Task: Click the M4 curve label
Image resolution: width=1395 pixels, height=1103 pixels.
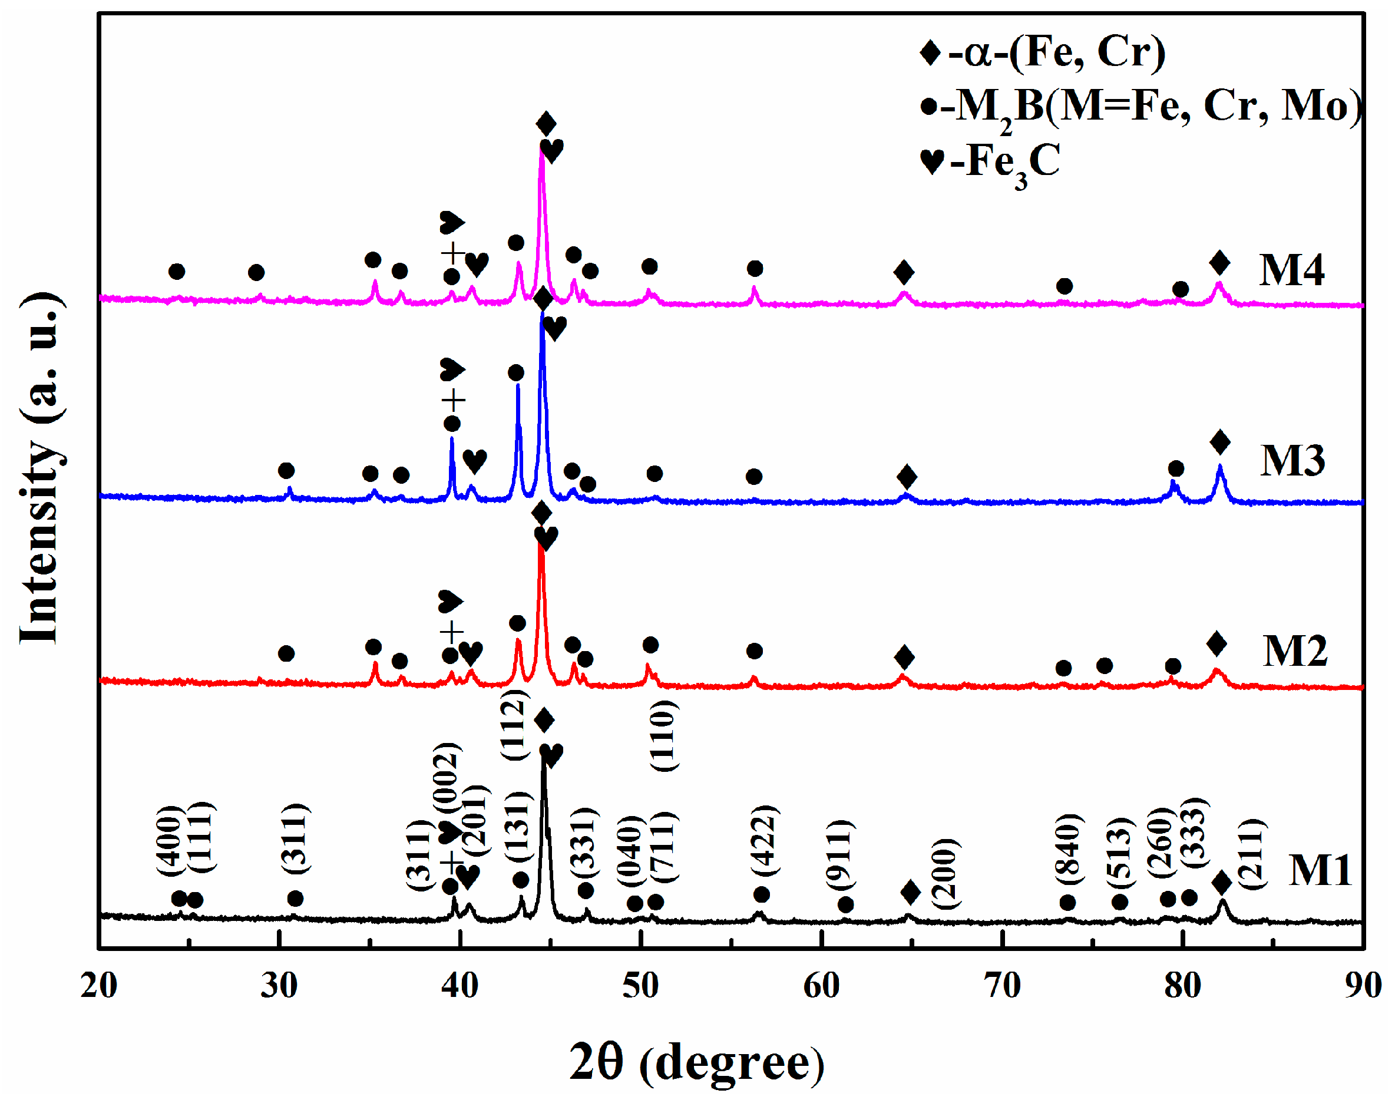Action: click(1291, 270)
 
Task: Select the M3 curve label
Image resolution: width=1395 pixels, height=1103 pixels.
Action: click(1292, 461)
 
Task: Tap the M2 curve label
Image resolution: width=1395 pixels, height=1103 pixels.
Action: click(1294, 651)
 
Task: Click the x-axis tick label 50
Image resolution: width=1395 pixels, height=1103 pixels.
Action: click(640, 986)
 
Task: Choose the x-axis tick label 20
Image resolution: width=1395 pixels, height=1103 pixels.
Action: click(99, 986)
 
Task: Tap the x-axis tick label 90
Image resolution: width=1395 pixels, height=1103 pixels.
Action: click(1363, 986)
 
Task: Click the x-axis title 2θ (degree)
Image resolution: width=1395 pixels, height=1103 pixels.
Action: click(696, 1062)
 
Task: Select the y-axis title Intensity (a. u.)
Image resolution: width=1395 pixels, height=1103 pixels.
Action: click(40, 468)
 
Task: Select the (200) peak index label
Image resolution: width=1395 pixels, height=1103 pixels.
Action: click(945, 873)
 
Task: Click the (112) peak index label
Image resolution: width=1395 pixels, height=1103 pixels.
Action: click(514, 725)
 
